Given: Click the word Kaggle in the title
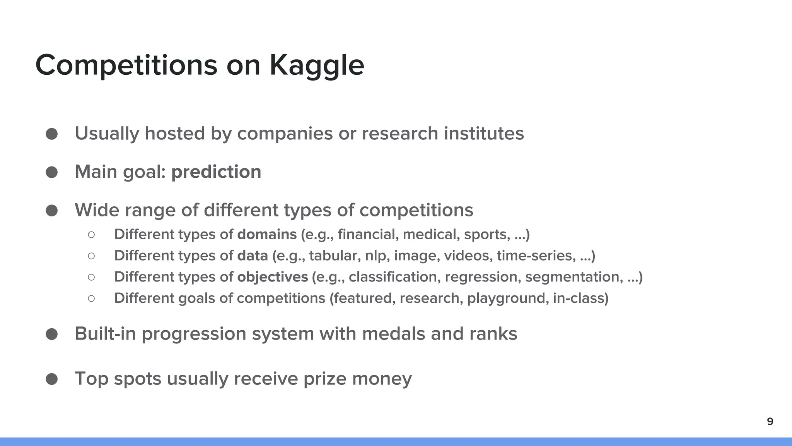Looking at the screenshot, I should click(x=317, y=65).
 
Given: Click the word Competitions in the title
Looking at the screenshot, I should click(x=126, y=65).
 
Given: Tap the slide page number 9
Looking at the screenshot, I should click(x=770, y=422).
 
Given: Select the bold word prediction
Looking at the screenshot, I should click(x=216, y=172).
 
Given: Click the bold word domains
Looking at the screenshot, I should click(x=267, y=235).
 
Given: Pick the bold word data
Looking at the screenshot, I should click(x=252, y=256).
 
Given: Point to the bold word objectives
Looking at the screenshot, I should click(x=272, y=277).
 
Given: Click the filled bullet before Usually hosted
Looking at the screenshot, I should click(x=52, y=134).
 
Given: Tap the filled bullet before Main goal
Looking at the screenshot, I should click(x=52, y=172).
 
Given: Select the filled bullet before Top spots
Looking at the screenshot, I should click(x=52, y=379).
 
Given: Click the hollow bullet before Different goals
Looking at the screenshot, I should click(x=91, y=298).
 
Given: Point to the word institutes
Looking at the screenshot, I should click(x=483, y=134).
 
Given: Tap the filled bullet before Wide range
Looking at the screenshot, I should click(x=52, y=211).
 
